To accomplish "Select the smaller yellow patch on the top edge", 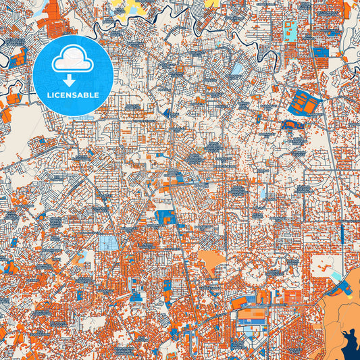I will (212, 3).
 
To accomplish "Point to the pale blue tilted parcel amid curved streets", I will (237, 68).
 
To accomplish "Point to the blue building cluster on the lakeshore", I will (334, 287).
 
